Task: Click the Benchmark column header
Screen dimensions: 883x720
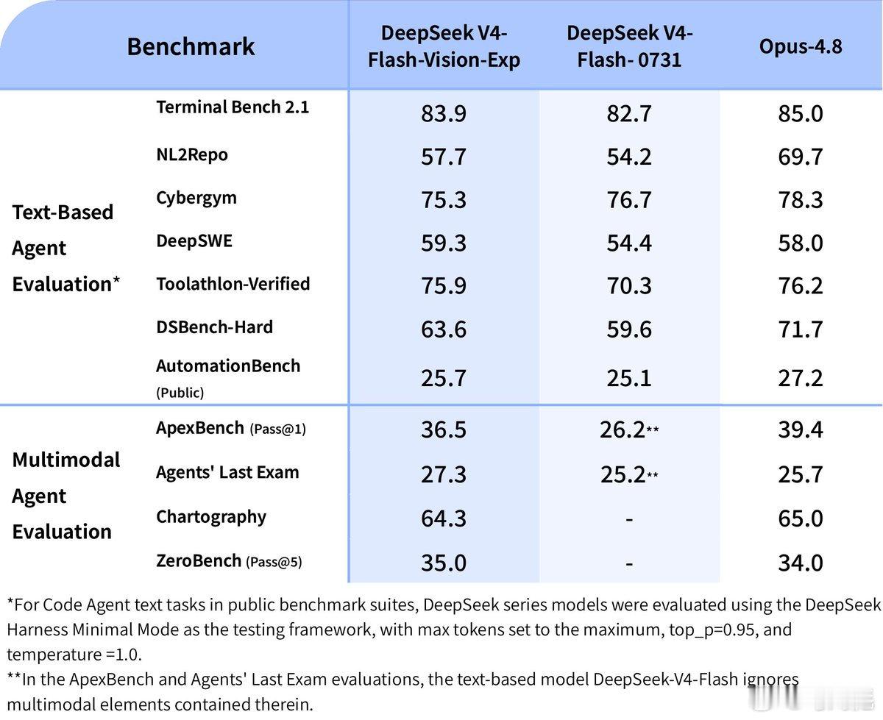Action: [191, 46]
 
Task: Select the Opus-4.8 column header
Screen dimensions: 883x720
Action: [801, 46]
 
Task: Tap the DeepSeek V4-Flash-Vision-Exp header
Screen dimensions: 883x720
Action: [444, 46]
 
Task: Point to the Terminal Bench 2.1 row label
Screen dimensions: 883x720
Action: [233, 107]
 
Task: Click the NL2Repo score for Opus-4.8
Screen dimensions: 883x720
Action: [801, 157]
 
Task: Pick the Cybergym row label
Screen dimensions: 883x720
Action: [196, 198]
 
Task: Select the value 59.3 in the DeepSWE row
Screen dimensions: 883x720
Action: [444, 243]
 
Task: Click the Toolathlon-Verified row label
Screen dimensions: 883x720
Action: [233, 284]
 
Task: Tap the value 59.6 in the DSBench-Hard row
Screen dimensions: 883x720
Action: [629, 329]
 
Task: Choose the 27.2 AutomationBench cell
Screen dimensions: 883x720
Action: [801, 378]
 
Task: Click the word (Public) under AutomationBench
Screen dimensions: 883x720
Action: [180, 393]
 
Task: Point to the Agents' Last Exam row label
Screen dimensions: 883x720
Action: [227, 472]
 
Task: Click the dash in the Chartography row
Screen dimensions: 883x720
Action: [629, 520]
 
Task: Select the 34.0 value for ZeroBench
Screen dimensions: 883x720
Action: [801, 563]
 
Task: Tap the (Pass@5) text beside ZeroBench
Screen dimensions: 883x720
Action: [274, 562]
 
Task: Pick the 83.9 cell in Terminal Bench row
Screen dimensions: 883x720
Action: [444, 114]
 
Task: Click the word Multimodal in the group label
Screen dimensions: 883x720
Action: [66, 460]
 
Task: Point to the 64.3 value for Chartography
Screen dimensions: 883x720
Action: [444, 518]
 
